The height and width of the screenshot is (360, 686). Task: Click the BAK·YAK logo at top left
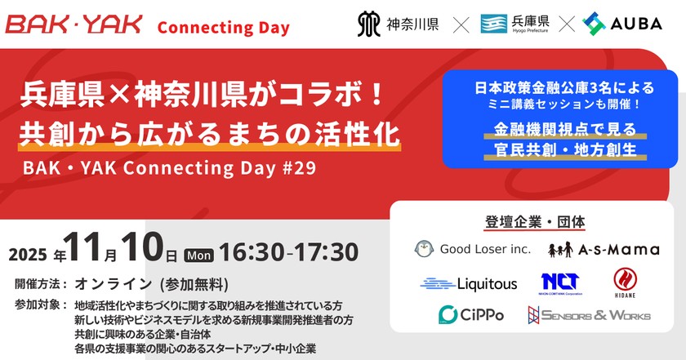pyautogui.click(x=74, y=26)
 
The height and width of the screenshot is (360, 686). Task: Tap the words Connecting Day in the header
pyautogui.click(x=223, y=28)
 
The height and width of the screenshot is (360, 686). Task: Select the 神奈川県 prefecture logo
pyautogui.click(x=400, y=24)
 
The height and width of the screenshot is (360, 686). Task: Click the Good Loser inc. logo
pyautogui.click(x=473, y=249)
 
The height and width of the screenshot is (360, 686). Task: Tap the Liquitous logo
pyautogui.click(x=469, y=284)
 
